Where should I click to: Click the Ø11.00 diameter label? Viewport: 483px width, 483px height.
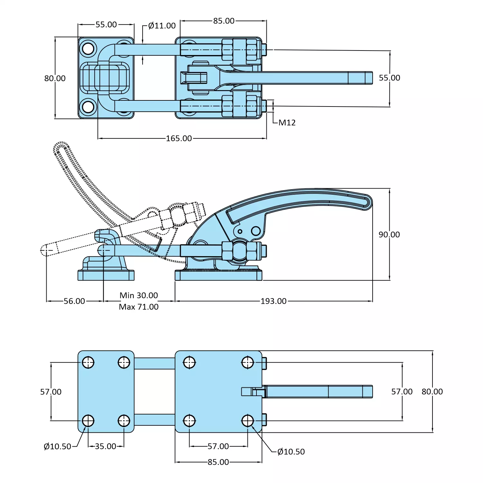[162, 26]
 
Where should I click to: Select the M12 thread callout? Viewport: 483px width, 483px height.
[287, 123]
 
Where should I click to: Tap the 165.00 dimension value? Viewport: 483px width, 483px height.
[179, 138]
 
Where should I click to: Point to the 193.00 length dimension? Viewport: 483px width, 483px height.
[273, 301]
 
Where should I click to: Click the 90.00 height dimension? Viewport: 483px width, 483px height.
[389, 235]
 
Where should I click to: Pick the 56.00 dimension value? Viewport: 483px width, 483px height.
[74, 301]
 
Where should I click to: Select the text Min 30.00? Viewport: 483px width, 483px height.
[139, 295]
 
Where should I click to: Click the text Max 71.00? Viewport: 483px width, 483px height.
[139, 307]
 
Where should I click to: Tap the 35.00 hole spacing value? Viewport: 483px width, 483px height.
[106, 446]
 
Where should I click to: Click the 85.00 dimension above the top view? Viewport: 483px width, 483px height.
[224, 21]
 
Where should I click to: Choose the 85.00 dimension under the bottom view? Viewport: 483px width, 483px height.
[218, 462]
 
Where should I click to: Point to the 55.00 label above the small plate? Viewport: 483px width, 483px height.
[106, 24]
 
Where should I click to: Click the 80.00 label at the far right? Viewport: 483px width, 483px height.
[432, 392]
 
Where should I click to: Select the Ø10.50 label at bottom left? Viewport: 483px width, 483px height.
[57, 447]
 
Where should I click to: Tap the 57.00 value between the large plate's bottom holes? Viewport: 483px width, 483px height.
[218, 446]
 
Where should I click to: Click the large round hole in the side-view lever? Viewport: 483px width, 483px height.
[256, 231]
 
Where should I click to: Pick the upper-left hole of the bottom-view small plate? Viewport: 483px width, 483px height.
[88, 363]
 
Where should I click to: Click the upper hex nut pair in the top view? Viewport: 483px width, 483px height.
[240, 50]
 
